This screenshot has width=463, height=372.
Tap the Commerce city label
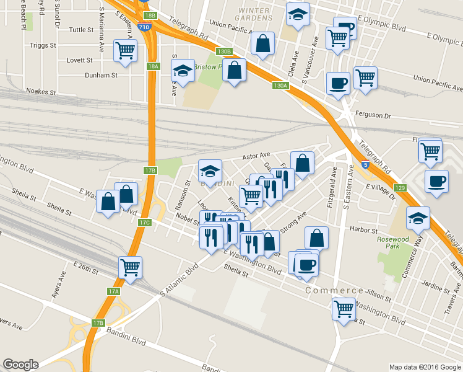334,290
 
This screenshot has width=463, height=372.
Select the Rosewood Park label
393,243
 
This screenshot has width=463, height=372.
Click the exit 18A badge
154,66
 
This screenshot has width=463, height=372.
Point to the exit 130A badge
280,86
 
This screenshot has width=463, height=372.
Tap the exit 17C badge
145,222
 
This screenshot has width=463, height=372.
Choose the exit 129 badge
400,188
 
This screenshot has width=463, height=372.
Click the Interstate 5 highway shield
366,165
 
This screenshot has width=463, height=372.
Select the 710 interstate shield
144,28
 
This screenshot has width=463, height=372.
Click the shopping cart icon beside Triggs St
126,50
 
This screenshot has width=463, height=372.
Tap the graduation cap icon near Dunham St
183,71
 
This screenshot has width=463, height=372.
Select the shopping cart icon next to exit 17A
131,267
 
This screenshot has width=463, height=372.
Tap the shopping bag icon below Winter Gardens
262,43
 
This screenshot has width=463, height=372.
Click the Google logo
20,365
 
